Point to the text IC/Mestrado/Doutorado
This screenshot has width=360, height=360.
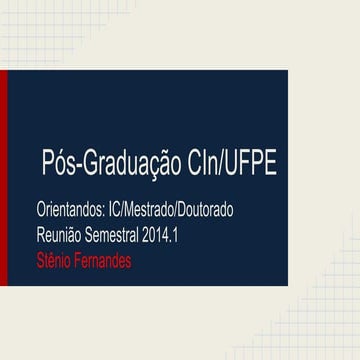pyautogui.click(x=174, y=213)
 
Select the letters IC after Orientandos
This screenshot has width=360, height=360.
pyautogui.click(x=118, y=213)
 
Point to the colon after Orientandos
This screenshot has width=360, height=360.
pyautogui.click(x=108, y=215)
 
